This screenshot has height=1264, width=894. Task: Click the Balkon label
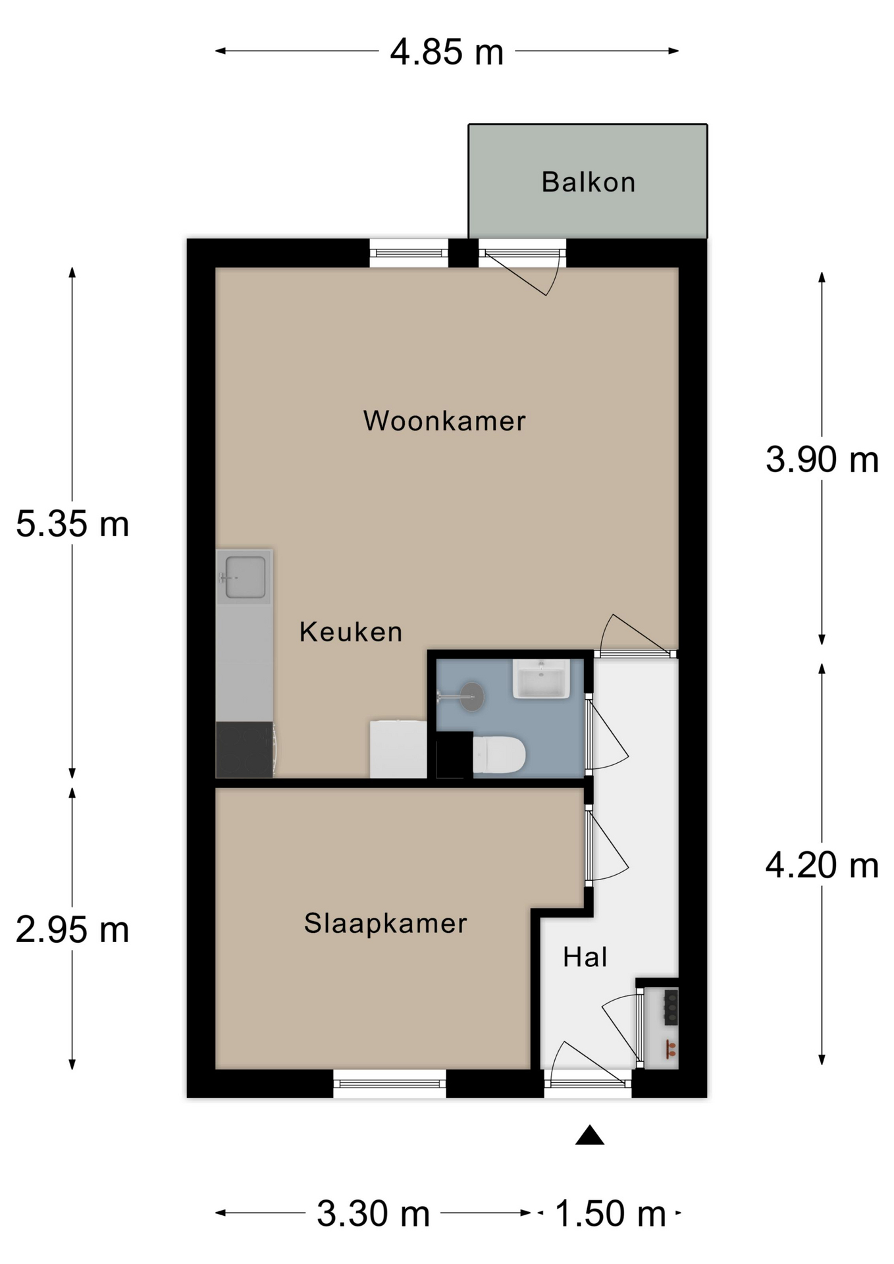pyautogui.click(x=588, y=182)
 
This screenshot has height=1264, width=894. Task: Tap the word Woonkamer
pyautogui.click(x=444, y=421)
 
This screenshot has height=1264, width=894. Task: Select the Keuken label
pyautogui.click(x=350, y=632)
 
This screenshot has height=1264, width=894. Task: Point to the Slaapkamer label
pyautogui.click(x=385, y=924)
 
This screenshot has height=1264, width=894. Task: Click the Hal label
pyautogui.click(x=585, y=957)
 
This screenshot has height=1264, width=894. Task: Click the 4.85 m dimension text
pyautogui.click(x=446, y=52)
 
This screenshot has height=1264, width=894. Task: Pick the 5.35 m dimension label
pyautogui.click(x=72, y=525)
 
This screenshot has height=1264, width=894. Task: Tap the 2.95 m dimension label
pyautogui.click(x=72, y=930)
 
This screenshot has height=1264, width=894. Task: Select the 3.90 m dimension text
pyautogui.click(x=822, y=460)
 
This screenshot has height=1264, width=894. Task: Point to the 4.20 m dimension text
pyautogui.click(x=822, y=865)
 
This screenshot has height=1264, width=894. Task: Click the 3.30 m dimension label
pyautogui.click(x=373, y=1213)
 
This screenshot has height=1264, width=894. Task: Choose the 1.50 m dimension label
pyautogui.click(x=610, y=1213)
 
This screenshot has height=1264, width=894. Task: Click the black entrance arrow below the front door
pyautogui.click(x=590, y=1136)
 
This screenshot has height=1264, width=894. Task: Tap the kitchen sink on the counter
pyautogui.click(x=244, y=577)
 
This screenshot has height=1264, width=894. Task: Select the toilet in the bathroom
pyautogui.click(x=498, y=754)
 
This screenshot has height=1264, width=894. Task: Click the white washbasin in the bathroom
pyautogui.click(x=541, y=679)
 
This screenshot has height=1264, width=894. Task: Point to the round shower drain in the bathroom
pyautogui.click(x=472, y=697)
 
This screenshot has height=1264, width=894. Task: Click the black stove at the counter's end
pyautogui.click(x=245, y=750)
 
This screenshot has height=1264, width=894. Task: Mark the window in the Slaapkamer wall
pyautogui.click(x=390, y=1084)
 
